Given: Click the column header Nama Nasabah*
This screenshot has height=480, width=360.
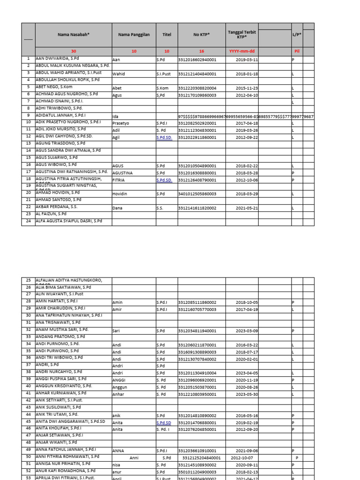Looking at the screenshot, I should click(x=73, y=35).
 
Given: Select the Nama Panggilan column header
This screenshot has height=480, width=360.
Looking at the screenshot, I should click(x=133, y=35).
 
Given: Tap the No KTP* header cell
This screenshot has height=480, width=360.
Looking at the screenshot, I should click(x=201, y=35).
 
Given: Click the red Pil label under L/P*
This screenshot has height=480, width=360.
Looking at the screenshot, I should click(x=296, y=51).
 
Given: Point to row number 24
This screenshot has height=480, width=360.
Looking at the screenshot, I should click(x=28, y=221).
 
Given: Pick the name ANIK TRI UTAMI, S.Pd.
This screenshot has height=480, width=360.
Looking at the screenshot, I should click(x=57, y=414).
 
